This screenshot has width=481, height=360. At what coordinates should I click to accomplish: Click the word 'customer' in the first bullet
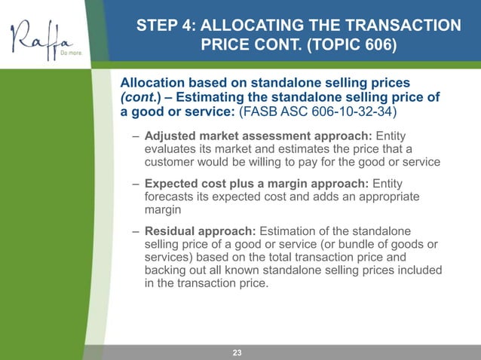pyautogui.click(x=172, y=162)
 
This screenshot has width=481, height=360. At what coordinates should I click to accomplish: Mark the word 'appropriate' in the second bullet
pyautogui.click(x=383, y=197)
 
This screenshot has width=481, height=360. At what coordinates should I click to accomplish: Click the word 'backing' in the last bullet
pyautogui.click(x=165, y=270)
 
